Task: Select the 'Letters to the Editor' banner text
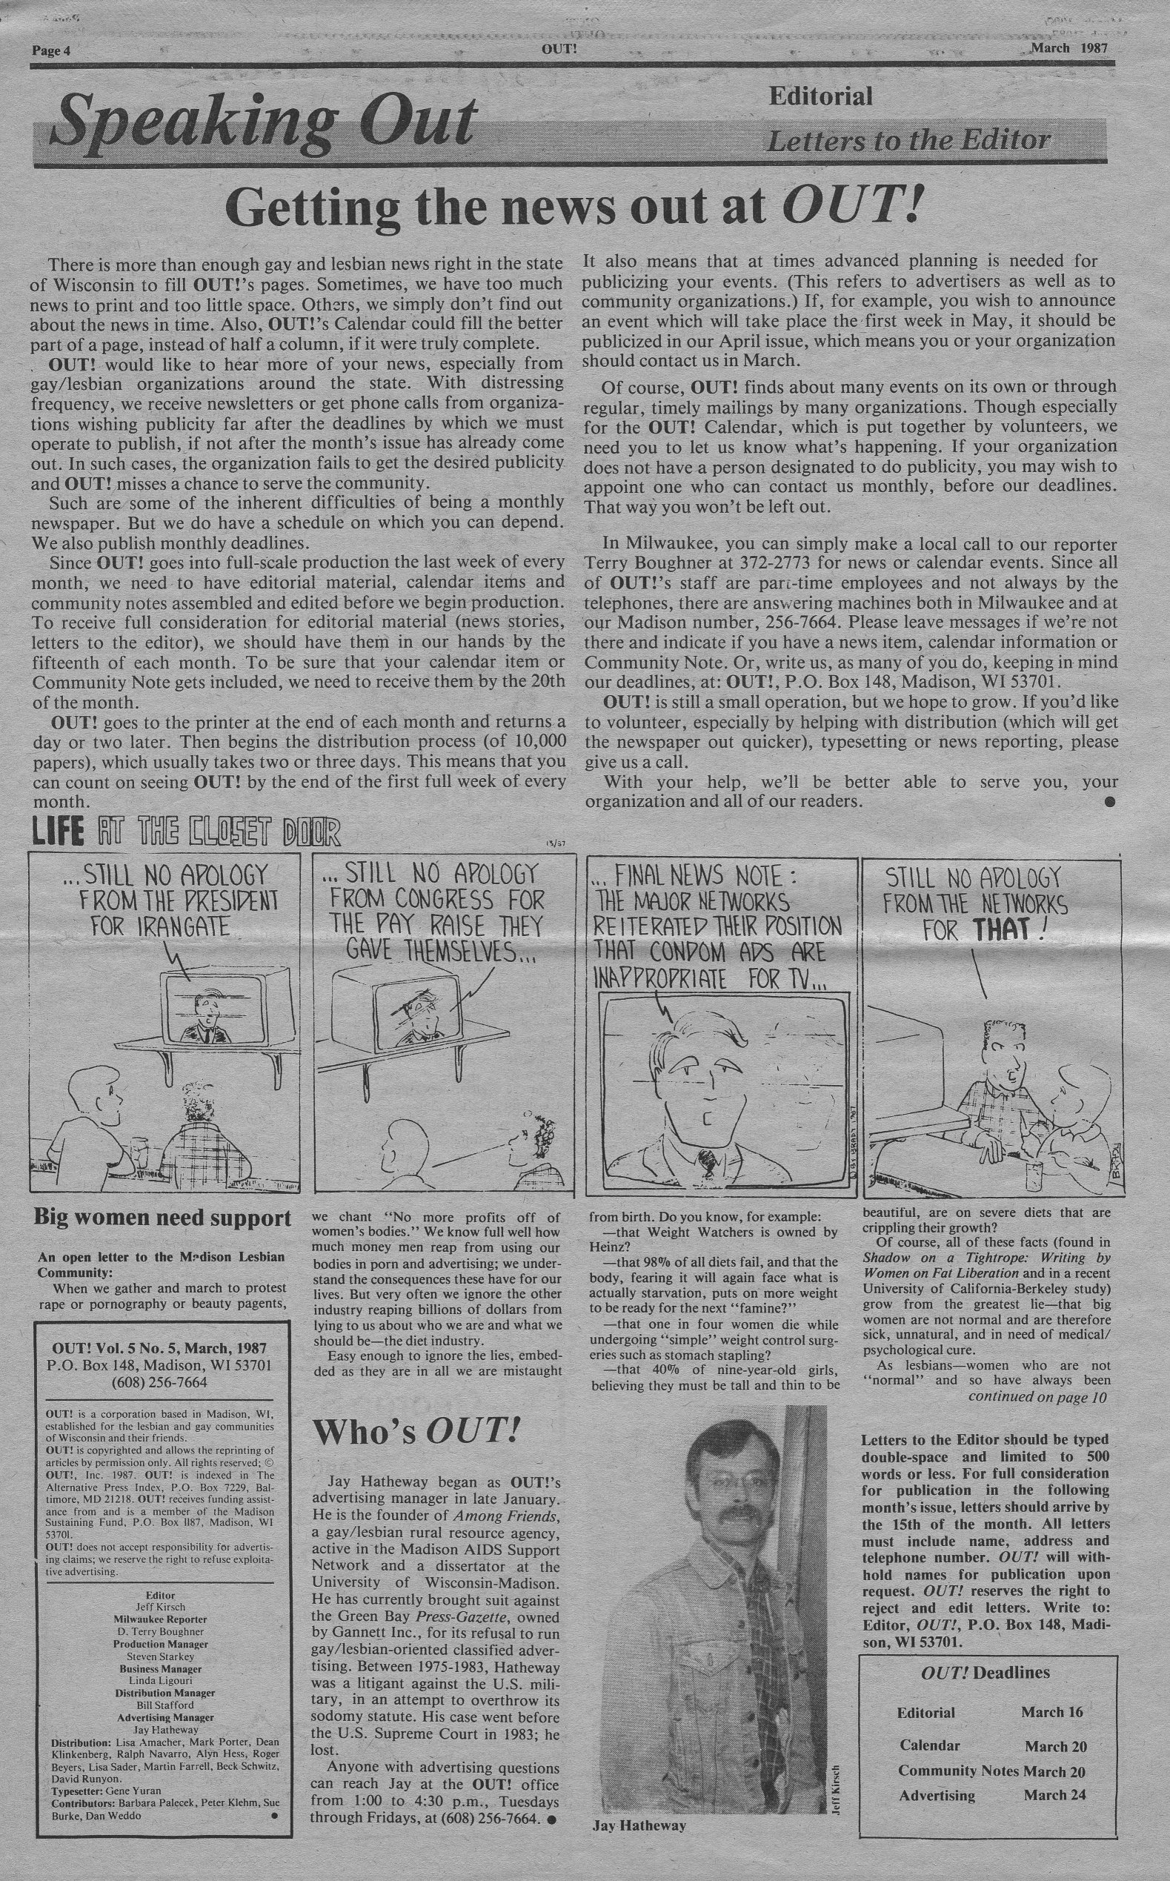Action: pos(908,141)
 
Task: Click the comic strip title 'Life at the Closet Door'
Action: pos(186,833)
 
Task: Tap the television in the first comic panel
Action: pos(230,1008)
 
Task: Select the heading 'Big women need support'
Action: pos(162,1218)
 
